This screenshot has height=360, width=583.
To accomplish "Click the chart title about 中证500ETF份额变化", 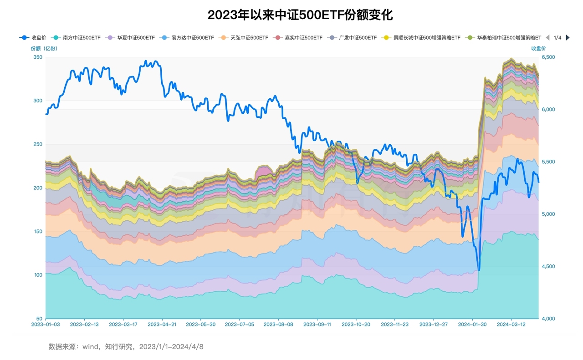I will click(300, 15).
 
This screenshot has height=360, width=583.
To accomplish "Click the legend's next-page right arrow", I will click(568, 38).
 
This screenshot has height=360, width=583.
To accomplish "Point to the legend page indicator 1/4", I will click(557, 38).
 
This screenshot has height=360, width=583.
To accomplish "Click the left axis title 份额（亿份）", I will click(44, 48).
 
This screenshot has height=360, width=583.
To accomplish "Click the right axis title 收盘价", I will click(538, 48).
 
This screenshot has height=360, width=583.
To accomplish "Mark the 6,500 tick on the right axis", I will click(549, 57).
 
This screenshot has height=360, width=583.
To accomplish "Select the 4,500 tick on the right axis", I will click(549, 266).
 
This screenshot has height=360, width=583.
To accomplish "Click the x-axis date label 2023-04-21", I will click(161, 325).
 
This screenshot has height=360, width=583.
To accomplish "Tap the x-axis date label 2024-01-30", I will click(472, 325).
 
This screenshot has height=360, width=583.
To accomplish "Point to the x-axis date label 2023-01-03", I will click(45, 325).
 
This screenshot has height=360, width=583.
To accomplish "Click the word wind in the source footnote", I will click(91, 347).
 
